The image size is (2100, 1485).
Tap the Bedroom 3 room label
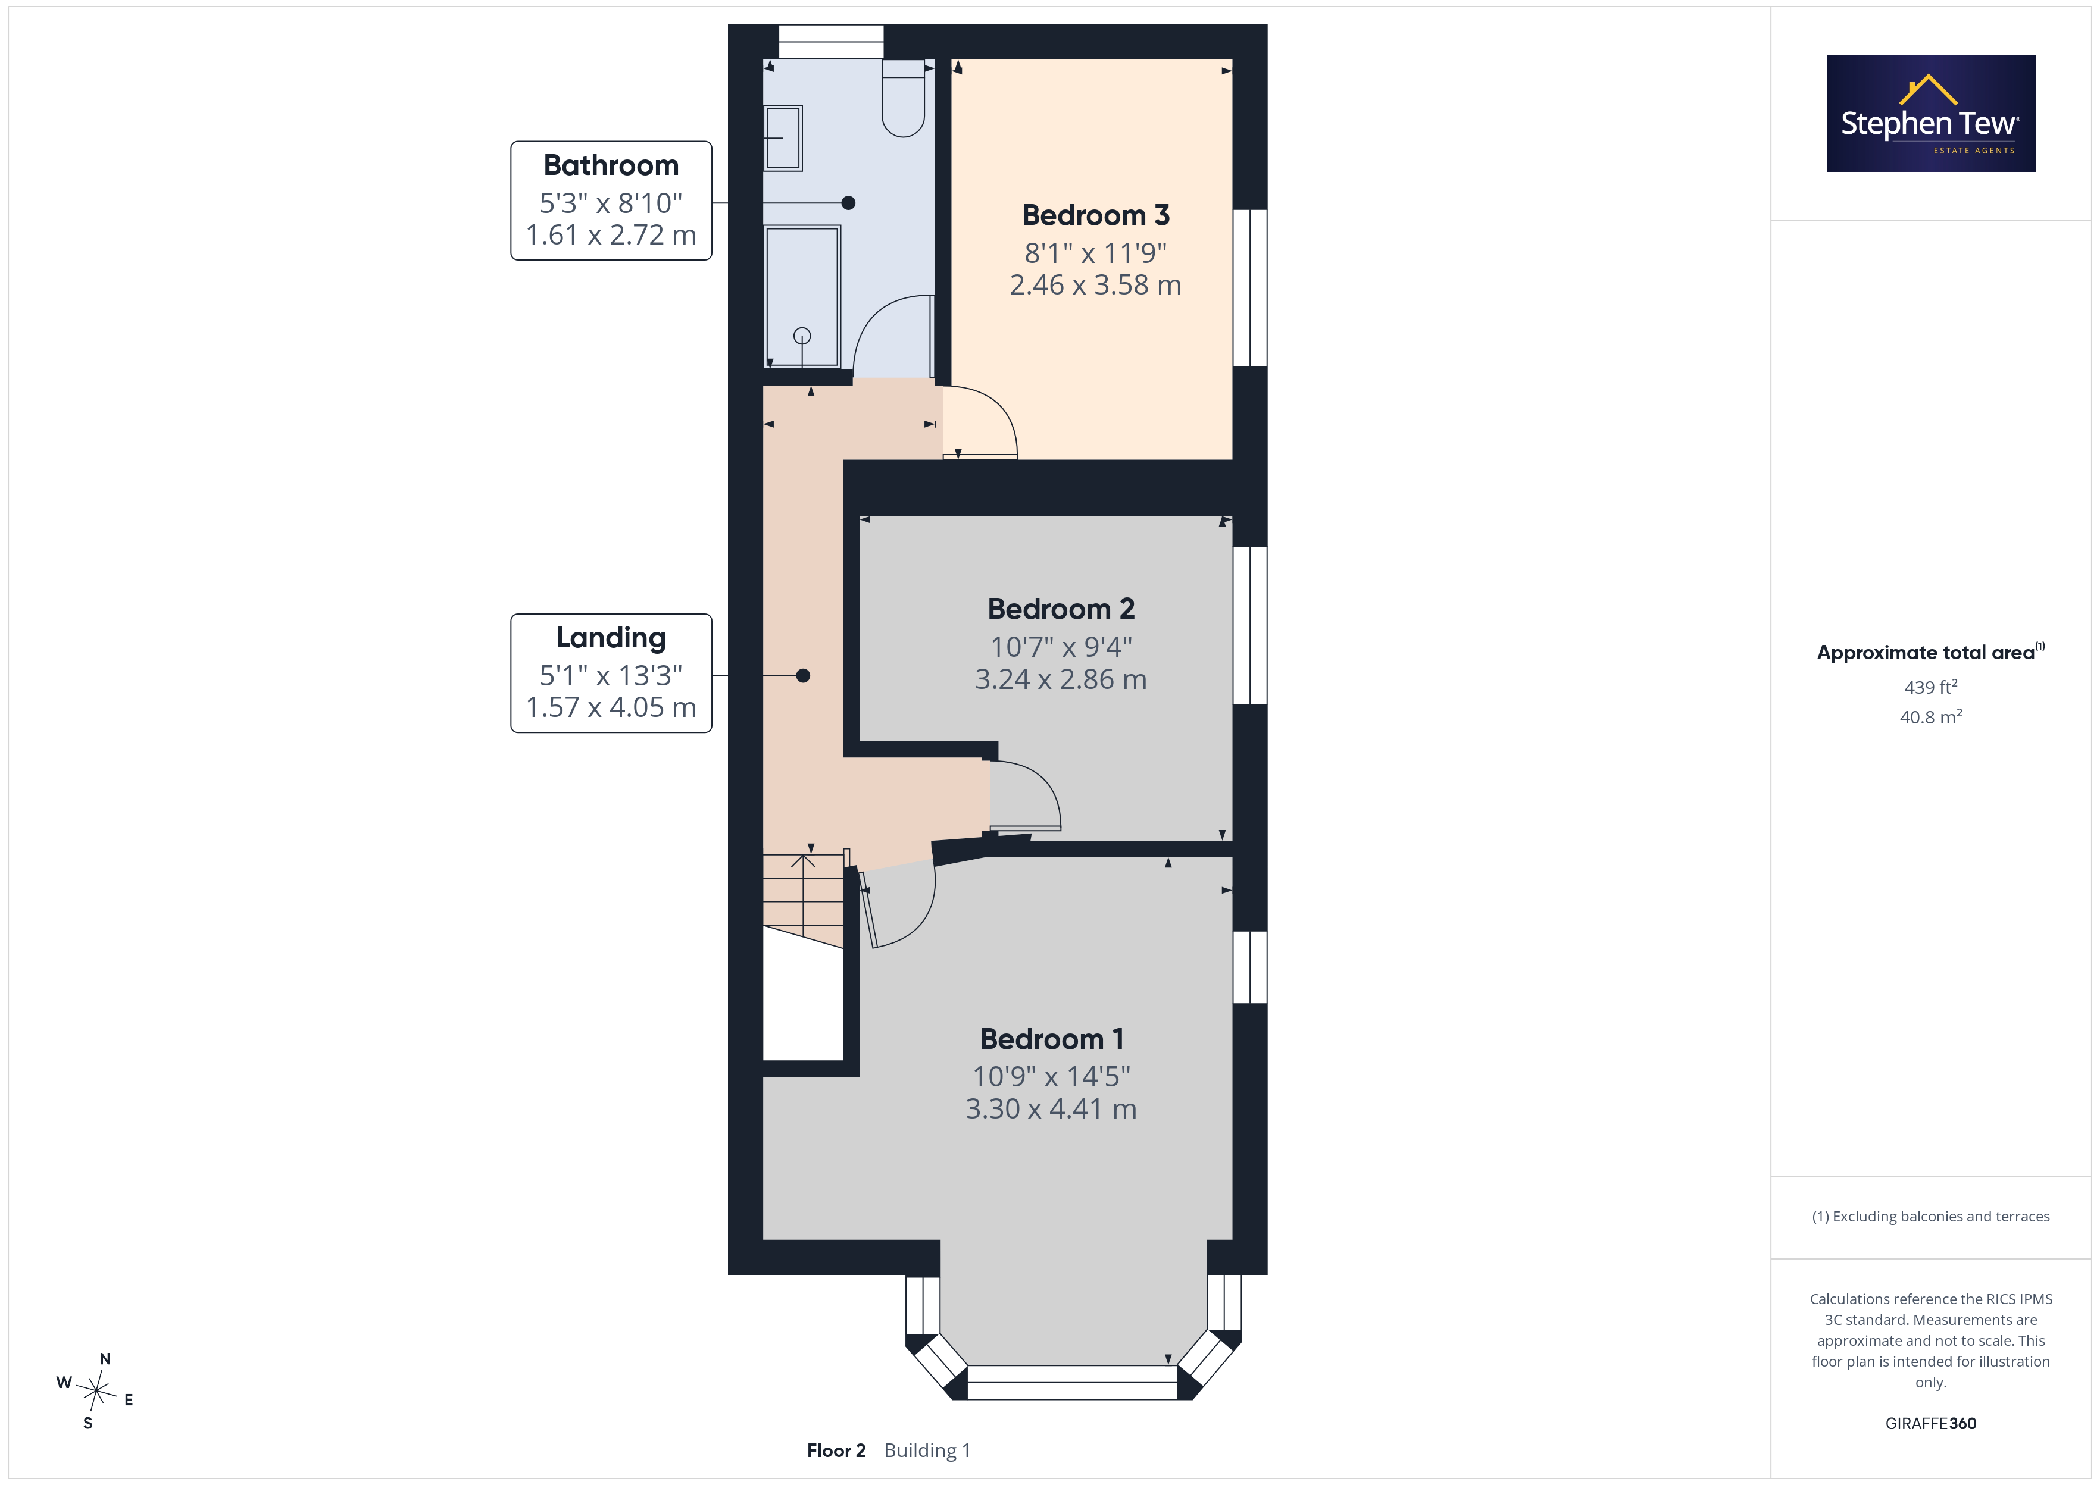coord(1096,215)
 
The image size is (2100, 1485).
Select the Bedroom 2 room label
coord(1061,609)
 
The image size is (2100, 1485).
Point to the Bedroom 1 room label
coord(1052,1039)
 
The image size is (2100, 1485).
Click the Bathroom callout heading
coord(611,165)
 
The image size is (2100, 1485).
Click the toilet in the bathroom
coord(904,98)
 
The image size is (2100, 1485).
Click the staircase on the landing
coord(803,900)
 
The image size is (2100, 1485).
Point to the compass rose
coord(96,1391)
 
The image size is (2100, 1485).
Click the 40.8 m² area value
coord(1931,717)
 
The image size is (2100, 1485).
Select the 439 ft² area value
coord(1931,687)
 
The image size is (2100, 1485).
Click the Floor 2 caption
coord(836,1450)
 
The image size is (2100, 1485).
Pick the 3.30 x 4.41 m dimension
coord(1052,1109)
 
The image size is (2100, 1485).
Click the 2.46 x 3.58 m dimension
coord(1096,286)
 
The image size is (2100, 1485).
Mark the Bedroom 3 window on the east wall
coord(1251,288)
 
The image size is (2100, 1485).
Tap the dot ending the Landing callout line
coord(803,676)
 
